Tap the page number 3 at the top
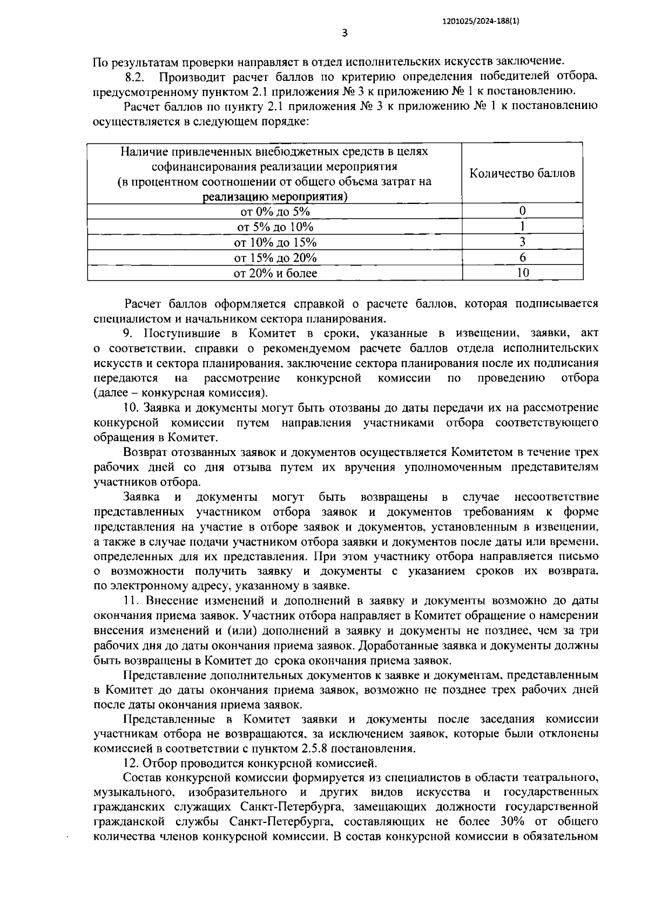(x=345, y=33)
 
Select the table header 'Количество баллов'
(x=522, y=173)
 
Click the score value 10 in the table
(x=522, y=273)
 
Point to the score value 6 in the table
(x=522, y=257)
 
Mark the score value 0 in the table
(x=522, y=211)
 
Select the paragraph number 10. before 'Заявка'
(x=131, y=407)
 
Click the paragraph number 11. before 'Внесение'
(x=131, y=601)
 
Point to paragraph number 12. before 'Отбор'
(x=131, y=763)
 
